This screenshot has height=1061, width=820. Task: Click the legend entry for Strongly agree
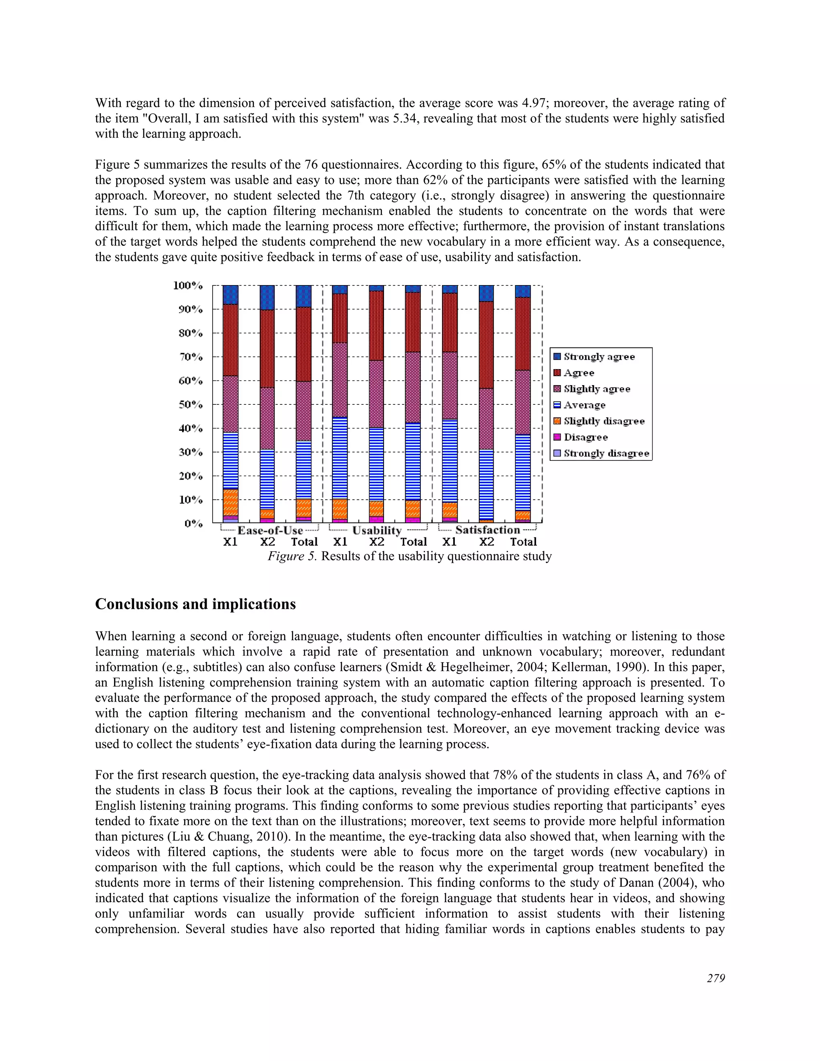[599, 357]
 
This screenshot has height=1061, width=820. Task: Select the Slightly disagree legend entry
[603, 421]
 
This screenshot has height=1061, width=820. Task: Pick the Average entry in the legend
[584, 405]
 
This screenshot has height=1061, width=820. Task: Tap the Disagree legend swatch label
[585, 437]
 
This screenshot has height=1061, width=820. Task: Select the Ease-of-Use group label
[270, 530]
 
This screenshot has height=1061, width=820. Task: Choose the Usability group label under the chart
[377, 530]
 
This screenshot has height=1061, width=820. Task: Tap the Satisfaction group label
[487, 530]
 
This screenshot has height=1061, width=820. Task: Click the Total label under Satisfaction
[523, 542]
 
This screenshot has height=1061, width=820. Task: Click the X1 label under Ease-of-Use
[230, 542]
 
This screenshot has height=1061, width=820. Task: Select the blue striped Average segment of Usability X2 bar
[376, 464]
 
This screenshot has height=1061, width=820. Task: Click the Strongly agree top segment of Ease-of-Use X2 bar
[267, 297]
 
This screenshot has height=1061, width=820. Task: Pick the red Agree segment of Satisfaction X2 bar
[486, 345]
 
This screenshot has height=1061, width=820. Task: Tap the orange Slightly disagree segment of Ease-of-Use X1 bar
[230, 502]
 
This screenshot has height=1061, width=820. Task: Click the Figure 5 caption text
[410, 556]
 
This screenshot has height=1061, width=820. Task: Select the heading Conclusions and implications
[195, 604]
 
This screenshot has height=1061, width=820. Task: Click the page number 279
[715, 978]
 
